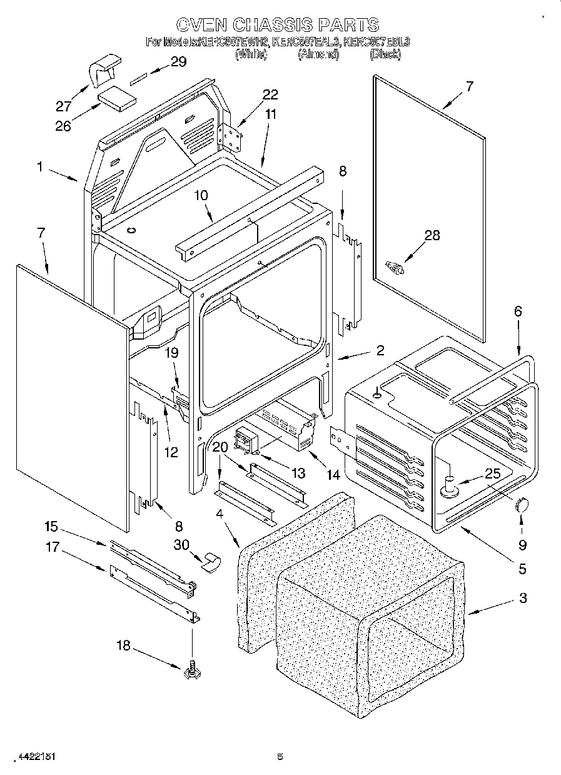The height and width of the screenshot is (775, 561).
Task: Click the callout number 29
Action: click(178, 61)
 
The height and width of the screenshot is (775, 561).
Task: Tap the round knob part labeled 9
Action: click(521, 505)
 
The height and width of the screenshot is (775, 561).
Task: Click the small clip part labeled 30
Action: click(211, 562)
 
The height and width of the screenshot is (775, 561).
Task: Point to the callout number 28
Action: click(432, 236)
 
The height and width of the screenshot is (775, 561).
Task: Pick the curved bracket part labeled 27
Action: click(104, 71)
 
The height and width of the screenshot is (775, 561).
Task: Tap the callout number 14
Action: click(333, 475)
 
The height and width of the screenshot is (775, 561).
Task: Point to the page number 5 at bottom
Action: click(280, 756)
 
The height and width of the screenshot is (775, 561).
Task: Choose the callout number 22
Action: click(270, 94)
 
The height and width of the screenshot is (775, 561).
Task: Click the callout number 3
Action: click(522, 597)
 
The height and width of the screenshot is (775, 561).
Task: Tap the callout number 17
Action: click(53, 547)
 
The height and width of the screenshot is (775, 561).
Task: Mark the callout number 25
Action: click(493, 474)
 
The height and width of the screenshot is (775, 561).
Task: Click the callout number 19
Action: click(173, 353)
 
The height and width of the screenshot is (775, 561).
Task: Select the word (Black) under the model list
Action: click(385, 54)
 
